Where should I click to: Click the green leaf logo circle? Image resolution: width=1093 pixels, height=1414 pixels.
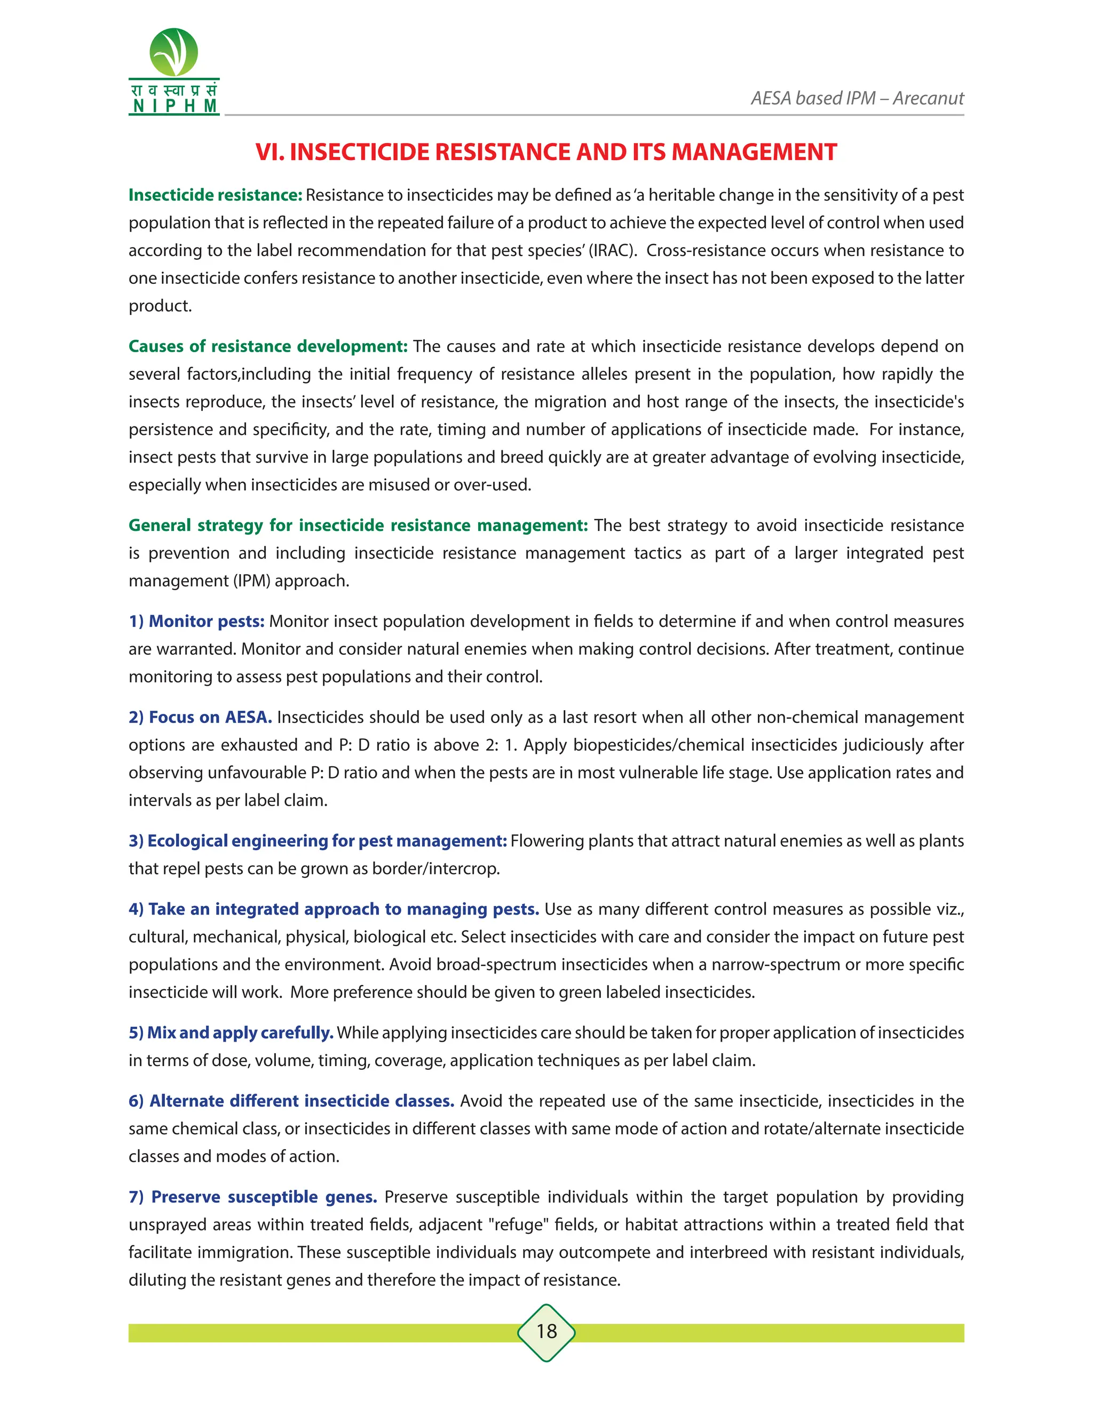[x=173, y=52]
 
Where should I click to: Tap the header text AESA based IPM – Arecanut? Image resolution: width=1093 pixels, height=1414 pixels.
[x=857, y=98]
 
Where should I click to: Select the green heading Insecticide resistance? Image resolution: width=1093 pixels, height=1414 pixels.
[x=215, y=195]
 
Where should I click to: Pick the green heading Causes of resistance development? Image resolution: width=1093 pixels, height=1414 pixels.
[x=267, y=346]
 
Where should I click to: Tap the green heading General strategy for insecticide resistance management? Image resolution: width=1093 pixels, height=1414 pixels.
[x=358, y=525]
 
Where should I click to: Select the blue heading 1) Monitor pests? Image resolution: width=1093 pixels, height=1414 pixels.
[x=196, y=622]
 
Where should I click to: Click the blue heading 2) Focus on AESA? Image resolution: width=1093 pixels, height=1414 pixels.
[x=200, y=717]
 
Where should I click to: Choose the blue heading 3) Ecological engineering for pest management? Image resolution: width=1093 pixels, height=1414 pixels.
[x=318, y=841]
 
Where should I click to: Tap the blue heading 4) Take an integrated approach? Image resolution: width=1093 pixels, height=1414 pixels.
[x=334, y=910]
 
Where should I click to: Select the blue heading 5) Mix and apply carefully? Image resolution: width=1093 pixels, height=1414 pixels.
[x=231, y=1032]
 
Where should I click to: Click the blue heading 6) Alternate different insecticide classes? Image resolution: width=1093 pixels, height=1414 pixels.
[x=291, y=1101]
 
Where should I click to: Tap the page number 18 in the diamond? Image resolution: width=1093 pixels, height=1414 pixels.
[x=546, y=1331]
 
